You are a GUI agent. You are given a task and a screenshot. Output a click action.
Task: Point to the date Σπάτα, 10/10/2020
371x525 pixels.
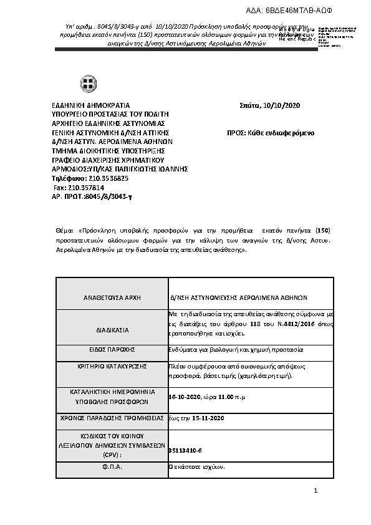point(269,105)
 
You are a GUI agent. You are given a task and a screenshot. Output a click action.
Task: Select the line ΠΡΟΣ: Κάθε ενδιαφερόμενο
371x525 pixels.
point(271,133)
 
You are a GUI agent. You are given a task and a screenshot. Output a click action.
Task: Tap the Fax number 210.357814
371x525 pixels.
point(87,187)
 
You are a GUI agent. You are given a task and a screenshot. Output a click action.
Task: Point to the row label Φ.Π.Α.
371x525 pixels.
point(112,466)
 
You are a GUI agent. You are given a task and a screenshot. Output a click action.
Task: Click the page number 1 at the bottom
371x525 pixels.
point(316,491)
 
